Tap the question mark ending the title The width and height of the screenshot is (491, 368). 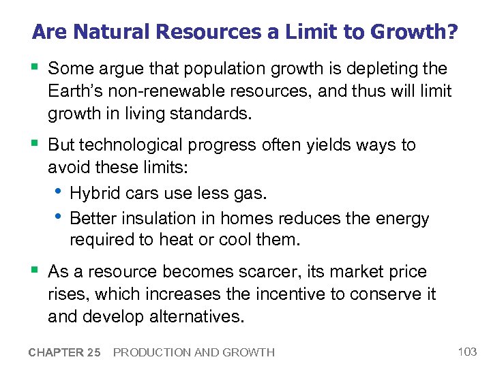tap(451, 32)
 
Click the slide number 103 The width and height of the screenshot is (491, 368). tap(467, 352)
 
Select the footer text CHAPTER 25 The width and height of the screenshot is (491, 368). tap(64, 352)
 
